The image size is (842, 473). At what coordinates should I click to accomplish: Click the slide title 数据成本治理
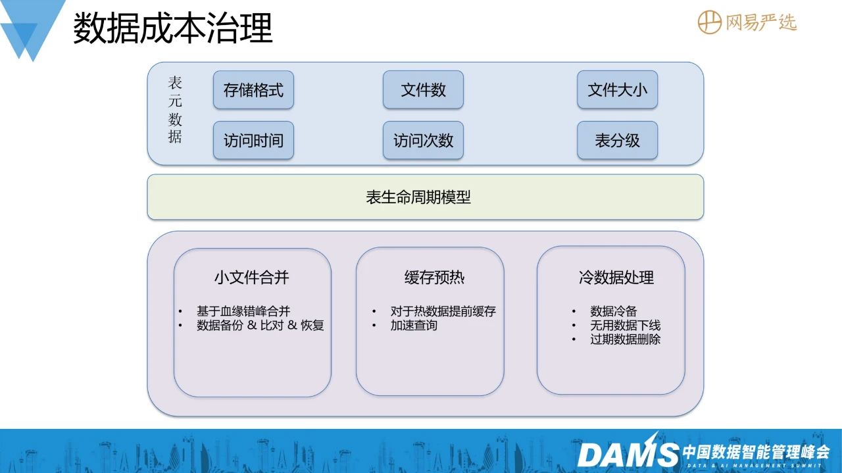coord(172,28)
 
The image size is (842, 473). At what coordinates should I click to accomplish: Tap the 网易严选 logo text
coord(761,22)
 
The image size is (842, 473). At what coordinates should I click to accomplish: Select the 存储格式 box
coord(253,90)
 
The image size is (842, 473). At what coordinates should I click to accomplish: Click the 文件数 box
coord(423,90)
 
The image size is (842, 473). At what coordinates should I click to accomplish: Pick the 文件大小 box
coord(617,90)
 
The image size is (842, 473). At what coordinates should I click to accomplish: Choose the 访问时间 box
coord(253,140)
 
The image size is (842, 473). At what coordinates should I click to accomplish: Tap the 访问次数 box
coord(423,140)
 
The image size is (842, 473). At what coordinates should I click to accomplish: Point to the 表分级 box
coord(617,140)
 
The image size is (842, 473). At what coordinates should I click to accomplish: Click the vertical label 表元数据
coord(175,109)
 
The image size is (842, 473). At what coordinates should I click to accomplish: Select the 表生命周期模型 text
coord(418,197)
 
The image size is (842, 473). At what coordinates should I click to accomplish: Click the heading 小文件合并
coord(251,278)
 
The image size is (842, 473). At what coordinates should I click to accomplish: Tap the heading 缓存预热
coord(434,278)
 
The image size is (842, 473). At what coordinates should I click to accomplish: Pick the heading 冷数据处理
coord(616,278)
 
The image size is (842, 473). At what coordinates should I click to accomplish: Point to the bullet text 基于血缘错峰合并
coord(243,311)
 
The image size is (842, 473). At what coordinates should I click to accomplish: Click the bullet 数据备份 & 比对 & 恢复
coord(260,325)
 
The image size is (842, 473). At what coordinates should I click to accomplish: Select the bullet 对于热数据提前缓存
coord(443,311)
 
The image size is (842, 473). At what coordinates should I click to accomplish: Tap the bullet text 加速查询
coord(414,325)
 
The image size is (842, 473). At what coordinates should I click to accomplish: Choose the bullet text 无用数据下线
coord(625,325)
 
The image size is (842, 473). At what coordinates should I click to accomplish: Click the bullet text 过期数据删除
coord(625,339)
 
